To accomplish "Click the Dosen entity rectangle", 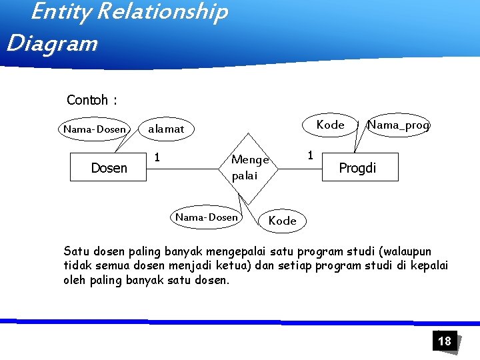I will [109, 168].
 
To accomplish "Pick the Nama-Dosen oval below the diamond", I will [206, 217].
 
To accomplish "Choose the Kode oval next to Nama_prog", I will [330, 125].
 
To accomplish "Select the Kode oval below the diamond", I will [282, 221].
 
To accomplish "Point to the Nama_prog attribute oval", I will [399, 125].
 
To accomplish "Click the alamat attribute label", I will [165, 129].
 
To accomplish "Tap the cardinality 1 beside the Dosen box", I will [157, 157].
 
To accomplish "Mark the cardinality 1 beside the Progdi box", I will [309, 155].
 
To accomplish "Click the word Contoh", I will [87, 101].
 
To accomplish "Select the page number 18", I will [444, 341].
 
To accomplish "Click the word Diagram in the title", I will [52, 43].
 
